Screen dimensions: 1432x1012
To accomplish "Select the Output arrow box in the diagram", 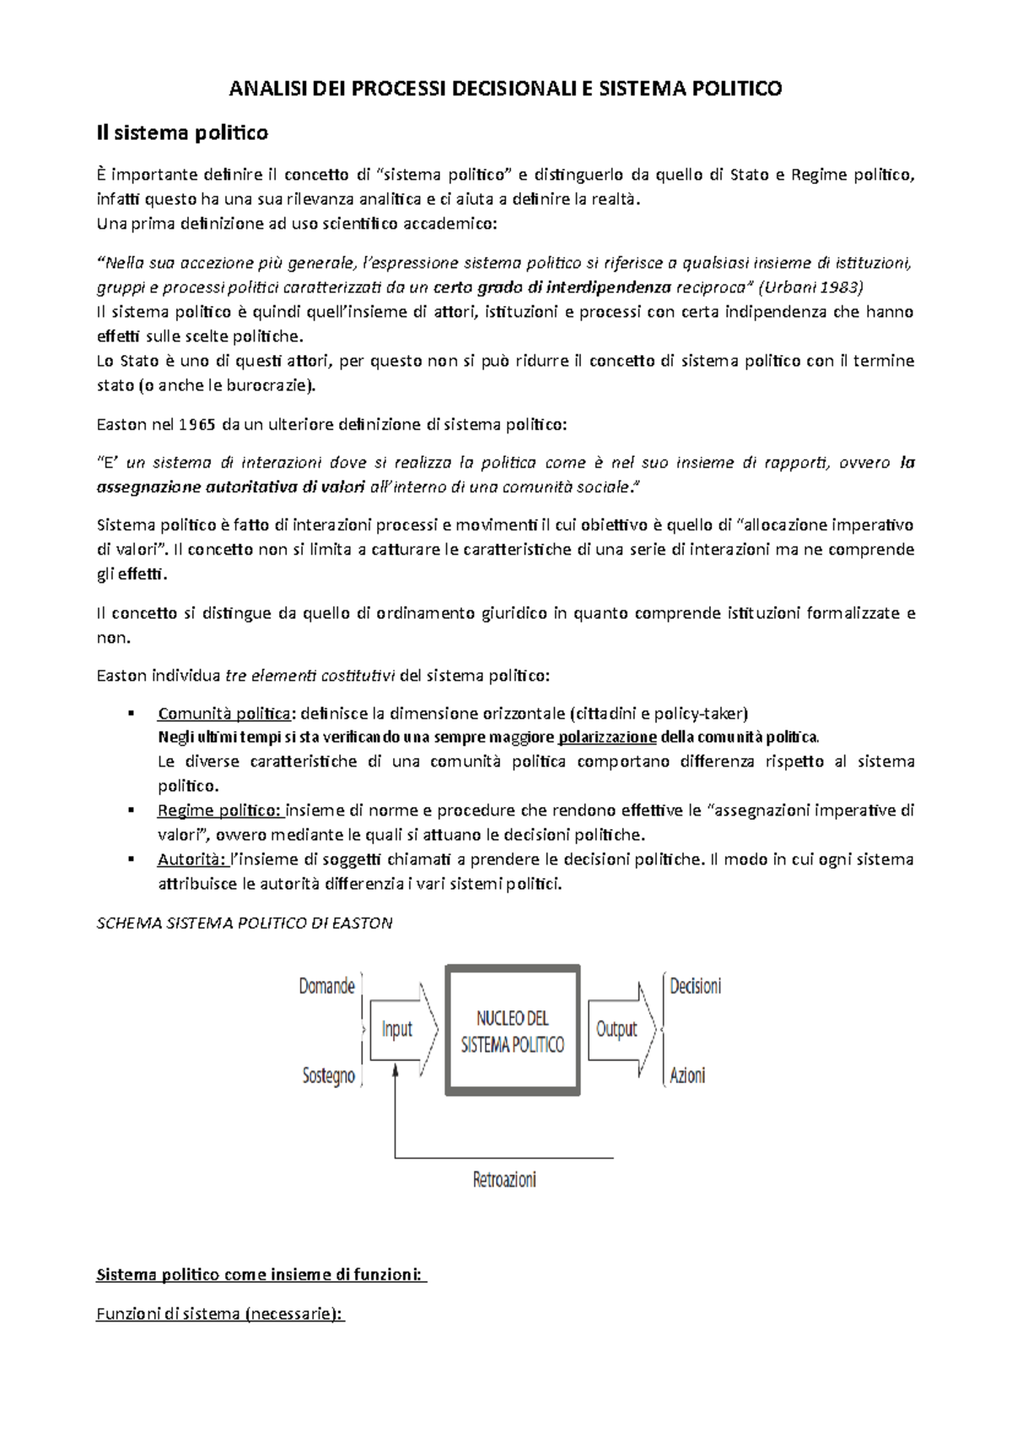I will click(617, 1029).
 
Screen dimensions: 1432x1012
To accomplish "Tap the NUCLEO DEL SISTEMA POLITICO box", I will click(513, 1031).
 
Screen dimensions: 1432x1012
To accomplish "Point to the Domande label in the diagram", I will click(326, 986).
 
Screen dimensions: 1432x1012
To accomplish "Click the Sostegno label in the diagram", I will click(328, 1076).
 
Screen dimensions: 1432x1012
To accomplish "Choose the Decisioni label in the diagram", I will click(695, 986).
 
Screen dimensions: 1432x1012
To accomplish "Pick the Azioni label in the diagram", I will click(687, 1075).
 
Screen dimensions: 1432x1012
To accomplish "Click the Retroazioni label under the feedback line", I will click(504, 1179).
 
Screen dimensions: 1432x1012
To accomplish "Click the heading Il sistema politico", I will click(182, 132).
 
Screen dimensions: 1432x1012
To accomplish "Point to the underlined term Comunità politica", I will click(223, 713).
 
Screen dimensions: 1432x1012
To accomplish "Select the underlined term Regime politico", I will click(220, 811).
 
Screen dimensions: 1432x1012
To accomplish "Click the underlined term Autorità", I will click(191, 860).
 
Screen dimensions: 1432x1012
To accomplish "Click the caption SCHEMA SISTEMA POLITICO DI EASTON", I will click(245, 923).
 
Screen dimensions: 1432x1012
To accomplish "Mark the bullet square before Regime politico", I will click(131, 811).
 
